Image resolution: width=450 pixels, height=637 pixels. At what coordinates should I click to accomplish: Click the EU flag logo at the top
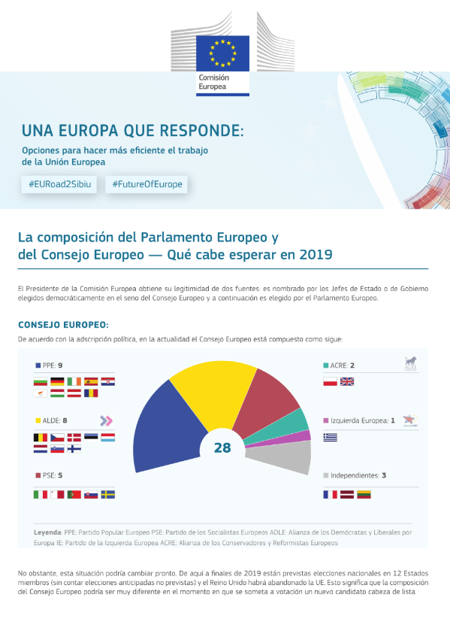(x=222, y=53)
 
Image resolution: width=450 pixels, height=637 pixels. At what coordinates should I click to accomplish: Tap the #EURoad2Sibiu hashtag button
(x=59, y=184)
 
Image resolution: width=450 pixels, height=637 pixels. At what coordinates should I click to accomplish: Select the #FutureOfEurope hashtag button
(x=146, y=184)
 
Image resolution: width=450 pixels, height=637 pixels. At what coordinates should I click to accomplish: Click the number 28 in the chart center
(x=222, y=447)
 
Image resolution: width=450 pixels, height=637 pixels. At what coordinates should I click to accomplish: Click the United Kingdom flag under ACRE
(x=347, y=381)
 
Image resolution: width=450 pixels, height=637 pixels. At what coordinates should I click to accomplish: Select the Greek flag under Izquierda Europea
(x=331, y=437)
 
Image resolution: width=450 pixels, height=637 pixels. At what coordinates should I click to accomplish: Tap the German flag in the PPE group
(x=57, y=381)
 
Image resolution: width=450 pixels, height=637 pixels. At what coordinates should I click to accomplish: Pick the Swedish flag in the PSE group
(x=108, y=494)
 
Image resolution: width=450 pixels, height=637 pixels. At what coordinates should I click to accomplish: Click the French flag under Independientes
(x=331, y=494)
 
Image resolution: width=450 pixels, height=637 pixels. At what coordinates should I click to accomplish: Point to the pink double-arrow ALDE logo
(x=107, y=420)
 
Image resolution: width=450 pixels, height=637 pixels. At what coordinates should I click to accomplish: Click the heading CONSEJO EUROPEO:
(x=63, y=325)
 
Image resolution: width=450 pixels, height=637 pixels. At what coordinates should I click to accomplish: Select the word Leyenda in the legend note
(x=47, y=532)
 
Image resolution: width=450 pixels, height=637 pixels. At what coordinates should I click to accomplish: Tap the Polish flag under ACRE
(x=331, y=381)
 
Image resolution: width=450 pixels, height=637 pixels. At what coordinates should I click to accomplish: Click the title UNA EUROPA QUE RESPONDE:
(x=133, y=131)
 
